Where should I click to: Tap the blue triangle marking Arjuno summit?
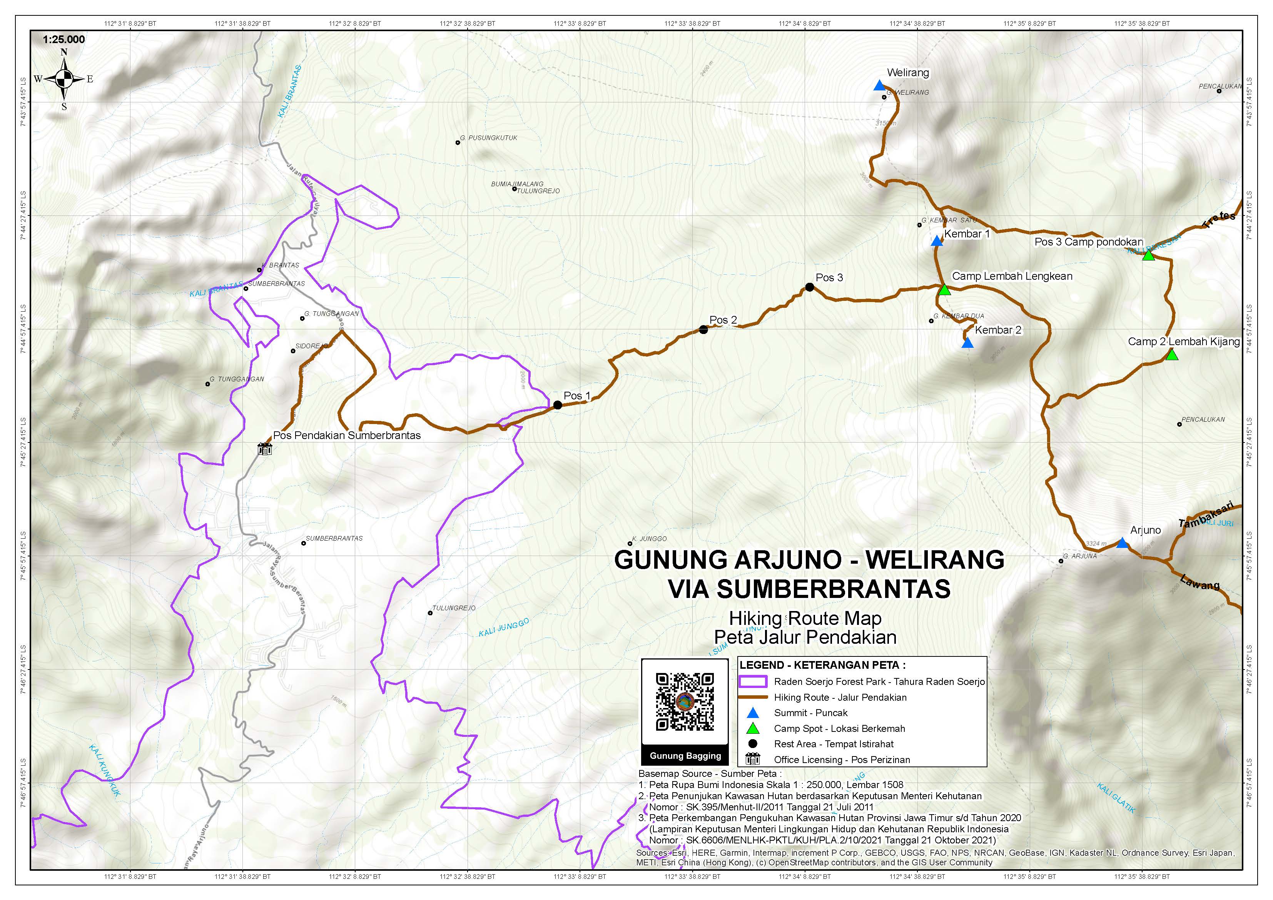[1122, 543]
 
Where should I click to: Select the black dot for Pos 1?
[558, 405]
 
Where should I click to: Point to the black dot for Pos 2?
[703, 329]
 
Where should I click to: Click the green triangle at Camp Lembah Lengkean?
[945, 289]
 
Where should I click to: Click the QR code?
[685, 701]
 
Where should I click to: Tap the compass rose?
[64, 79]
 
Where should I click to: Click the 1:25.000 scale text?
[64, 39]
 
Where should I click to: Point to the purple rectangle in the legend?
[753, 681]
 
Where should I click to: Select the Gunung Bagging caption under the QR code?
[685, 756]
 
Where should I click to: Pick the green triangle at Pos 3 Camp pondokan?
[1148, 255]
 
